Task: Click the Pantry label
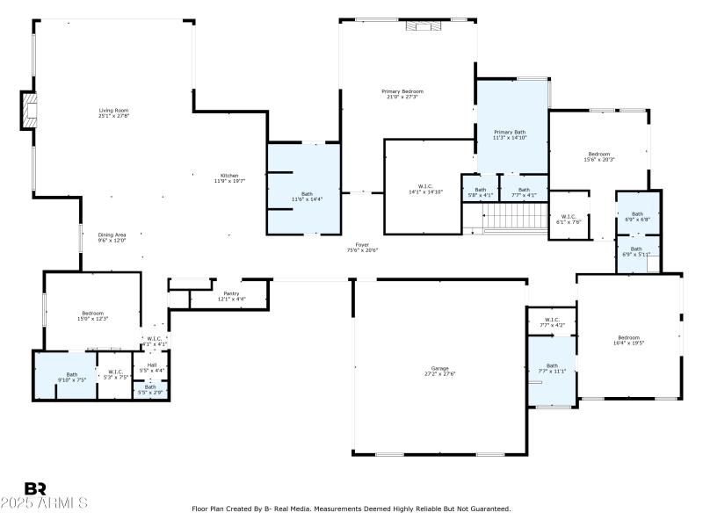point(231,296)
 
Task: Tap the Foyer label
point(361,248)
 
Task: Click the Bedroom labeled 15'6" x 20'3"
point(599,156)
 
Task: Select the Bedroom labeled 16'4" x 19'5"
point(628,340)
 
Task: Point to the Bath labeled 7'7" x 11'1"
point(552,368)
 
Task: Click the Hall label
point(151,367)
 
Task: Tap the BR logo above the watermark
point(35,488)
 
